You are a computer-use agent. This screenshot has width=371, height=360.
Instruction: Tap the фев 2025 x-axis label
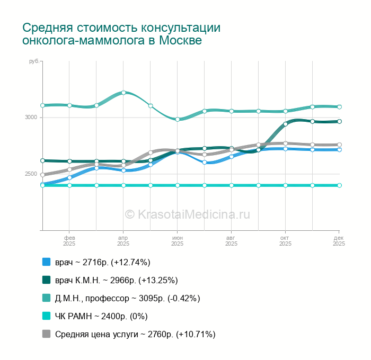coord(69,241)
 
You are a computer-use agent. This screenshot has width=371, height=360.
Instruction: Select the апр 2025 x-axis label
coord(123,241)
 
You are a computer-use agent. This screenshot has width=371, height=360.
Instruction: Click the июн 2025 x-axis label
coord(177,241)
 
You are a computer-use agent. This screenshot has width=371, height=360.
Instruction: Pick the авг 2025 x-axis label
coord(231,241)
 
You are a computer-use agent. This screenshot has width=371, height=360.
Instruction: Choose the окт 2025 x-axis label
coord(285,241)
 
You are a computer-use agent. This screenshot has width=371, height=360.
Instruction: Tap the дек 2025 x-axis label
coord(339,241)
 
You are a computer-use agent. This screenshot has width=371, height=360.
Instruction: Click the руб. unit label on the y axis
coord(34,62)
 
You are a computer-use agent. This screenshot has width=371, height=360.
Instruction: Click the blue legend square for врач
coord(46,262)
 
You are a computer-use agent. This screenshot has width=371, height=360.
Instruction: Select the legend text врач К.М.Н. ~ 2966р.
coord(116,280)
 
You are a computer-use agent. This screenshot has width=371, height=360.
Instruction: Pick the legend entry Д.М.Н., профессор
coord(127,298)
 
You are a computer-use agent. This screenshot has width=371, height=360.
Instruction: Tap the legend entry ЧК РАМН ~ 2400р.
coord(101,316)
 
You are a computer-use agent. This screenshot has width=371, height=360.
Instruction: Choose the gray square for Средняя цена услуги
coord(46,334)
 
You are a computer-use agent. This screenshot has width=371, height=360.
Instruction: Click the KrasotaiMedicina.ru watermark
coord(187,214)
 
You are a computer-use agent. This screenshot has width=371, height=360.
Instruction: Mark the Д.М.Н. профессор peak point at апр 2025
coord(123,93)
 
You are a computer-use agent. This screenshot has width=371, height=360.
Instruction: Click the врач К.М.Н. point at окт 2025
coord(285,124)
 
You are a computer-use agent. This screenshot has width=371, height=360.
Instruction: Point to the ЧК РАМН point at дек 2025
coord(339,185)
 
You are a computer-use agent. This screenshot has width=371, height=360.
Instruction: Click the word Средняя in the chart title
coord(47,28)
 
